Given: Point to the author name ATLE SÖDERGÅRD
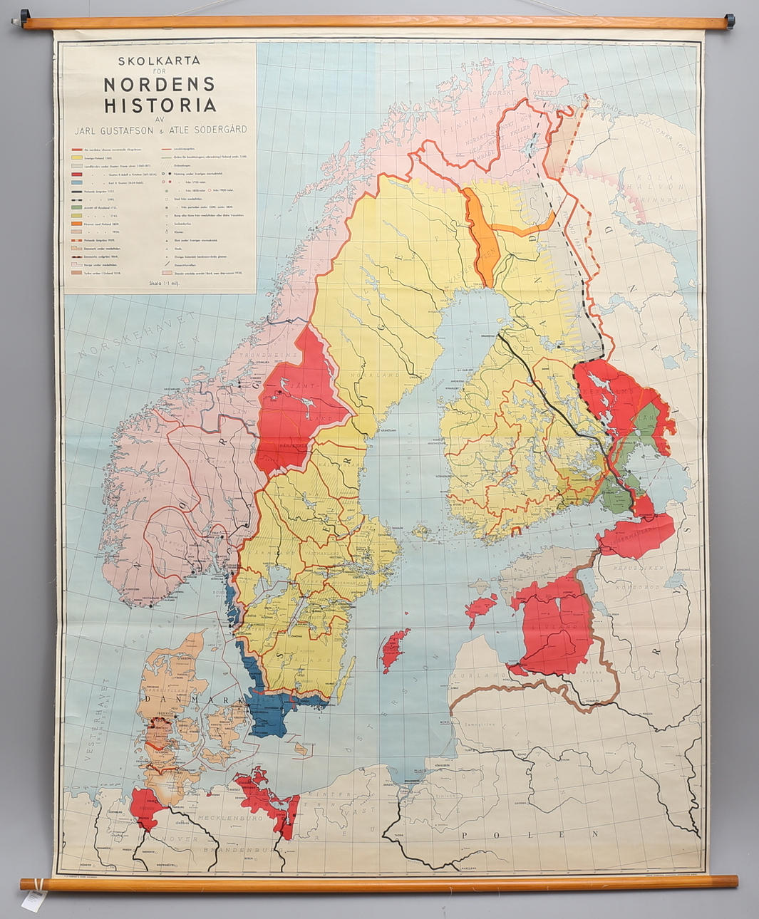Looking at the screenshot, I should (208, 130).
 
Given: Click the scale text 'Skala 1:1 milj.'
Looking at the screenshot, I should (160, 282).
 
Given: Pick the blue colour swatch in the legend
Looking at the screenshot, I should (76, 183).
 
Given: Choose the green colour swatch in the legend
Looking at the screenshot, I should (76, 207).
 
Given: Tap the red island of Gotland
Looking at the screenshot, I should (393, 649).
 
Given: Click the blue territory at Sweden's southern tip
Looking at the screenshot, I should (274, 712).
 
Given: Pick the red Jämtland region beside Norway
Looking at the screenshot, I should (296, 406).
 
